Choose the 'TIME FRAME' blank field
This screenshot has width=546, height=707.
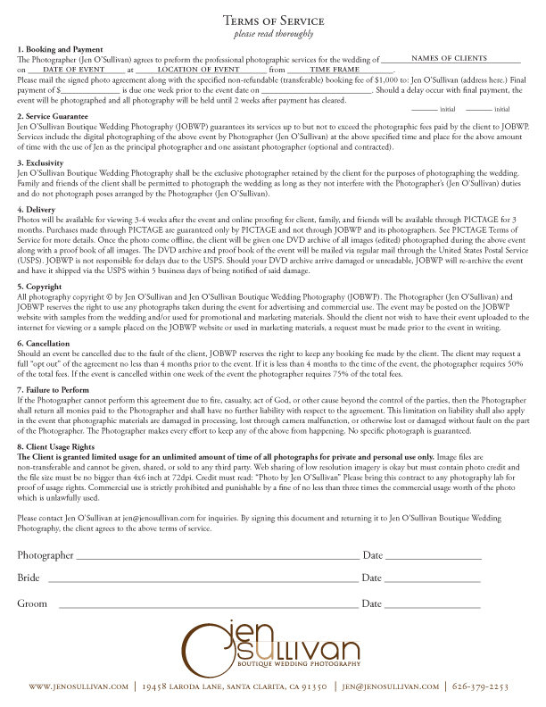coord(340,68)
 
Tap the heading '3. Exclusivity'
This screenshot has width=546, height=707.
coord(43,163)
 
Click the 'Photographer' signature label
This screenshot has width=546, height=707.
coord(45,555)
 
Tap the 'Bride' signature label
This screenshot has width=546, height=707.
coord(29,578)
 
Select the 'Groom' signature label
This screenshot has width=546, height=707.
coord(32,604)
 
